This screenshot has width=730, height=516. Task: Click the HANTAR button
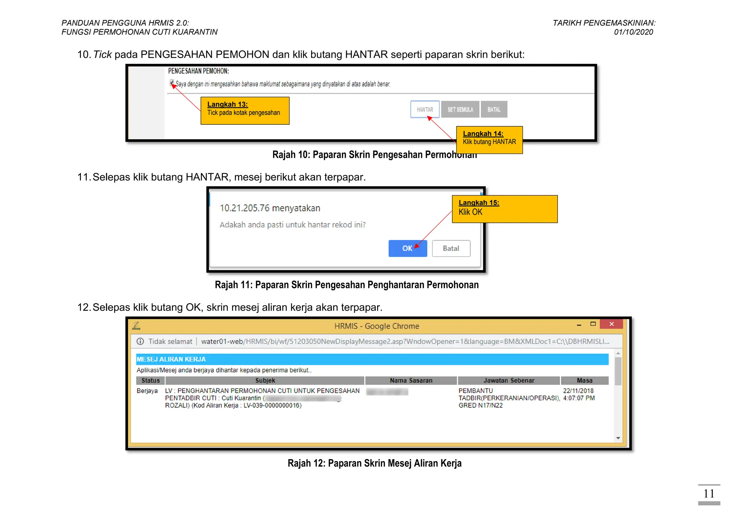click(425, 109)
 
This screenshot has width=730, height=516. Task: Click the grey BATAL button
click(494, 109)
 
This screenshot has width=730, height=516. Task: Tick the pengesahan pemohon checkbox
click(172, 83)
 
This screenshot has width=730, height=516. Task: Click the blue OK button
click(407, 248)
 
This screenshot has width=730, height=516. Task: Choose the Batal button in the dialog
click(451, 248)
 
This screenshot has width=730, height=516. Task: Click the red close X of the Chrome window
click(611, 324)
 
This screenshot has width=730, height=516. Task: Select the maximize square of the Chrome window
click(593, 324)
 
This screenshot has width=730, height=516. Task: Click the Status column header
click(150, 381)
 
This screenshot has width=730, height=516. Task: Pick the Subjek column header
click(265, 381)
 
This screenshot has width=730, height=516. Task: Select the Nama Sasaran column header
click(411, 381)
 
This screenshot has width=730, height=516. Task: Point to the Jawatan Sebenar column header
click(509, 381)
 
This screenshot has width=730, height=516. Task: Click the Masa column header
click(585, 381)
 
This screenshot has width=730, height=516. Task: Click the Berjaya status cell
click(147, 391)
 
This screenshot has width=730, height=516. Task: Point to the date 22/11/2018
click(578, 391)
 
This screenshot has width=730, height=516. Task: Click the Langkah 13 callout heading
click(227, 104)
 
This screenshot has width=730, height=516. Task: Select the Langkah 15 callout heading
click(479, 203)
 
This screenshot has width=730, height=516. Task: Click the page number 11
click(709, 494)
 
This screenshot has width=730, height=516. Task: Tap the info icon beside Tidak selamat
click(140, 341)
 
